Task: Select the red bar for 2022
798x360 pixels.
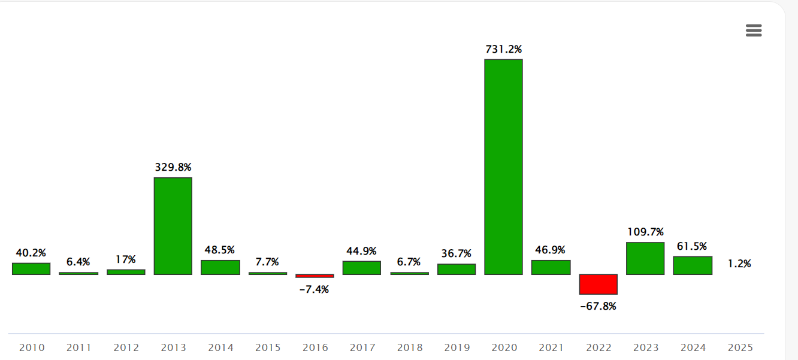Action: (598, 285)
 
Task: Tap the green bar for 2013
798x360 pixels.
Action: (173, 226)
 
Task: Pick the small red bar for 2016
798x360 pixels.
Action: (315, 276)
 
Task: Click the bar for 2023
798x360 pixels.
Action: (645, 258)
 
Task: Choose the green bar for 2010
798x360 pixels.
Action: (31, 268)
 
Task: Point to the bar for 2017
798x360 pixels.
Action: (362, 268)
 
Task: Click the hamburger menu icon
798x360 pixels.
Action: (754, 31)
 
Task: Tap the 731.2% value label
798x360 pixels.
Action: (503, 49)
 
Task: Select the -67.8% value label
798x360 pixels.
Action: (598, 306)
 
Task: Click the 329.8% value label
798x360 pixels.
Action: (173, 167)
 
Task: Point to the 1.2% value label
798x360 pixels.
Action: (739, 264)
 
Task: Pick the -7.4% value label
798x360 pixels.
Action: (314, 289)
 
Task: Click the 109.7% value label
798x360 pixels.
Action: (645, 232)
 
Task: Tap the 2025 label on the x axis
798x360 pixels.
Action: (740, 347)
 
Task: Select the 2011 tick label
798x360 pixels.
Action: (78, 347)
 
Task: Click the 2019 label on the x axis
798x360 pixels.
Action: (457, 347)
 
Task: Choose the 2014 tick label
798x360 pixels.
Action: (220, 347)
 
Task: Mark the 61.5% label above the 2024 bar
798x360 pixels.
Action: (693, 246)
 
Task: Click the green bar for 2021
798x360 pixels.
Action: (551, 267)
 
